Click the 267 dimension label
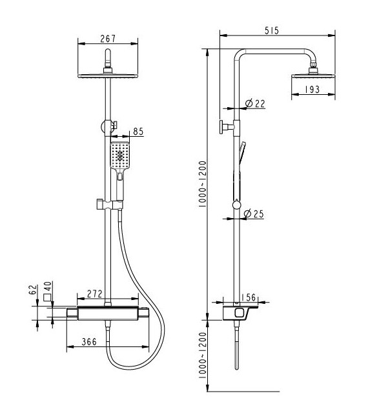[108, 39]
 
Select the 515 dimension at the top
[272, 30]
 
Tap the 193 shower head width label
[312, 90]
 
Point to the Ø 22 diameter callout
[255, 103]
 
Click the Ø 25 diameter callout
[254, 214]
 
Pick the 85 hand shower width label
[138, 132]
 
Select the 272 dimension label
[95, 294]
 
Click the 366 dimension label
[89, 342]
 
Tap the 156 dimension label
[249, 297]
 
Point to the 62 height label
[33, 290]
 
